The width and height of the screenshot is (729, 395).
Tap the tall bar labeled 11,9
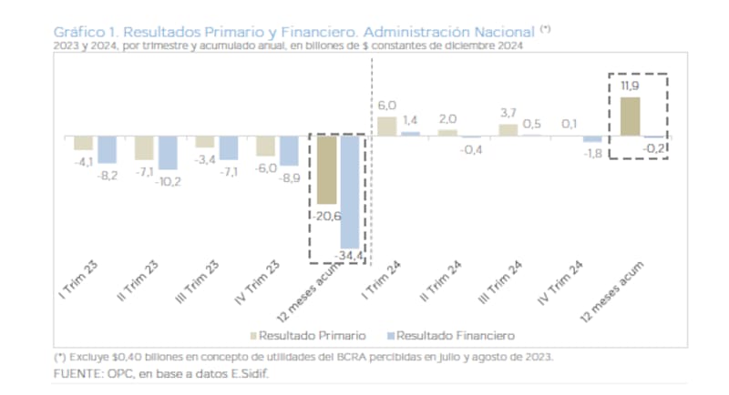(x=629, y=116)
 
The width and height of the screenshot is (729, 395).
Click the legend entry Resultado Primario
(x=299, y=335)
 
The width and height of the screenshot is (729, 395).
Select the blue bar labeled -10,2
(x=168, y=152)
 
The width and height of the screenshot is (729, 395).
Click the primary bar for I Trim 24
(x=386, y=126)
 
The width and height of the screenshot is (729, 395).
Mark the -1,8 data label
(x=592, y=154)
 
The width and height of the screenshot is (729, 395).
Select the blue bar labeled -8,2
(x=108, y=148)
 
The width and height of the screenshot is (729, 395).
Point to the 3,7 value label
(x=508, y=112)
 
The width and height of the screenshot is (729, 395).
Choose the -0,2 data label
(x=653, y=147)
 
